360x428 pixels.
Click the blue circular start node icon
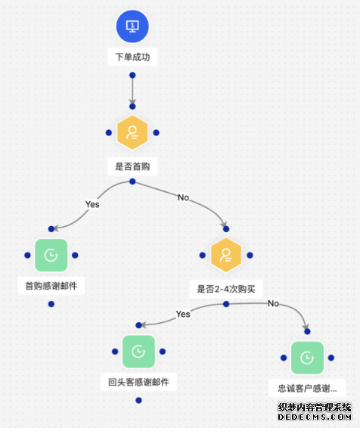pos(132,26)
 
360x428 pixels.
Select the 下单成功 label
pos(132,57)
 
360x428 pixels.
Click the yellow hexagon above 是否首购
pos(132,132)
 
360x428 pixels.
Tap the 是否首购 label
pos(132,166)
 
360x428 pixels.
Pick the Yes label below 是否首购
pos(92,204)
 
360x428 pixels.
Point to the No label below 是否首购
pos(184,197)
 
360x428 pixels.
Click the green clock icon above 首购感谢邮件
pos(51,256)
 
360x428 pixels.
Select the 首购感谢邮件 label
pos(51,286)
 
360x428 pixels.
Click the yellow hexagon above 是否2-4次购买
pos(226,255)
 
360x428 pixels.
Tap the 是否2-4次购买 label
pos(226,289)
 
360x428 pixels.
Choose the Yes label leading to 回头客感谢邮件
pos(183,314)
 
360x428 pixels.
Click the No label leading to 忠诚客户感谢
pos(273,303)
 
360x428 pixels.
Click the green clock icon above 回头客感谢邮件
pos(138,352)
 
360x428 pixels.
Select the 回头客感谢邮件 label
pos(138,382)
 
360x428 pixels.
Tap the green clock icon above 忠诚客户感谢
pos(307,358)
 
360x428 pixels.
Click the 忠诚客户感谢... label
pos(307,388)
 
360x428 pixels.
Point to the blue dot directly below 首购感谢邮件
pos(51,304)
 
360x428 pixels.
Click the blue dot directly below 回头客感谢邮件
pos(138,400)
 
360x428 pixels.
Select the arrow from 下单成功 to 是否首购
pos(132,91)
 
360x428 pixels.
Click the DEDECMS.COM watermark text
pos(315,417)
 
